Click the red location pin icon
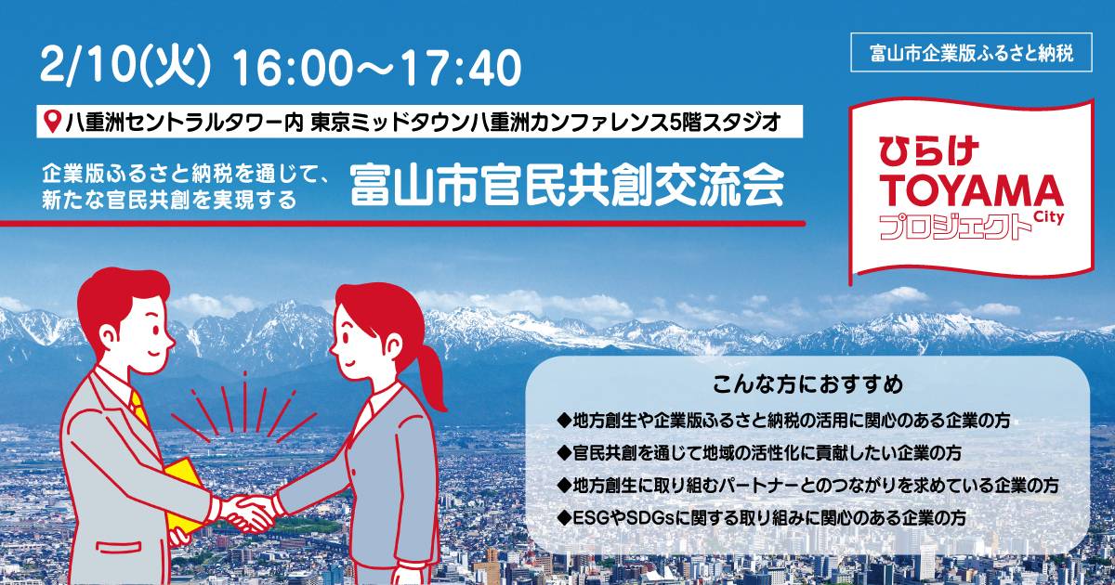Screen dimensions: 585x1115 [53, 121]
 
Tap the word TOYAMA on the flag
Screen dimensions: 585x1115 [970, 190]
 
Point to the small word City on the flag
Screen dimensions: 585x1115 [1046, 214]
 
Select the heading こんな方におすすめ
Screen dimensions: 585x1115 [807, 383]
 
